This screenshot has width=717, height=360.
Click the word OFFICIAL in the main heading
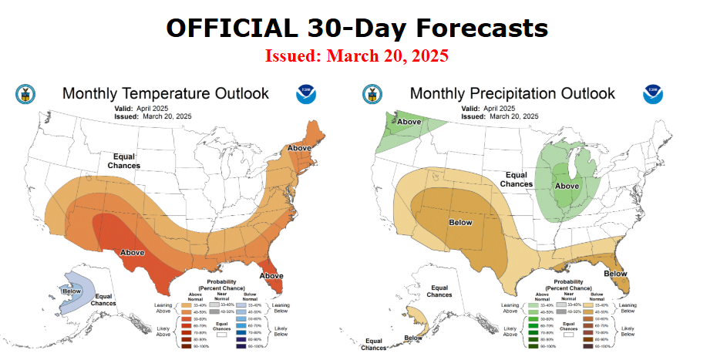coord(227,28)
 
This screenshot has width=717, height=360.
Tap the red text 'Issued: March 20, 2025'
coord(357,56)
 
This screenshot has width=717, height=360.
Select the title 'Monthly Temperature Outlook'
coord(165,93)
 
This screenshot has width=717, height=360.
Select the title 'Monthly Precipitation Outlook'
coord(512,93)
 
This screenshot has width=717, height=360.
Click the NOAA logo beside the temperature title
coord(306,94)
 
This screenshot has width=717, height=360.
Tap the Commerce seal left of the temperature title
coord(25,94)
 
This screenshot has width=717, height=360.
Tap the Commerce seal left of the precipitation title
coord(372,94)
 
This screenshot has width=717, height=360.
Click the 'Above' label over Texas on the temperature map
coord(133,252)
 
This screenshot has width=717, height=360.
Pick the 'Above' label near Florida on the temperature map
coord(272,275)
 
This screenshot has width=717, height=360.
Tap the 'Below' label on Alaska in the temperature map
coord(72,290)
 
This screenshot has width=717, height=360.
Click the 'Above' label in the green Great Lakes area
coord(567,187)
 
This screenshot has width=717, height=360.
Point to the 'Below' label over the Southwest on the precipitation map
coord(460,222)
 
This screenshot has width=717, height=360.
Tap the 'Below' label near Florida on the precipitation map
coord(615,274)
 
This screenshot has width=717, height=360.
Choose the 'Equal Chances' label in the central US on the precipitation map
coord(516,180)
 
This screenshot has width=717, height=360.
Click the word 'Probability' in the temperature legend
coord(216,282)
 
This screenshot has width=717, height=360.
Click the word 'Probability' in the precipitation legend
coord(562,282)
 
